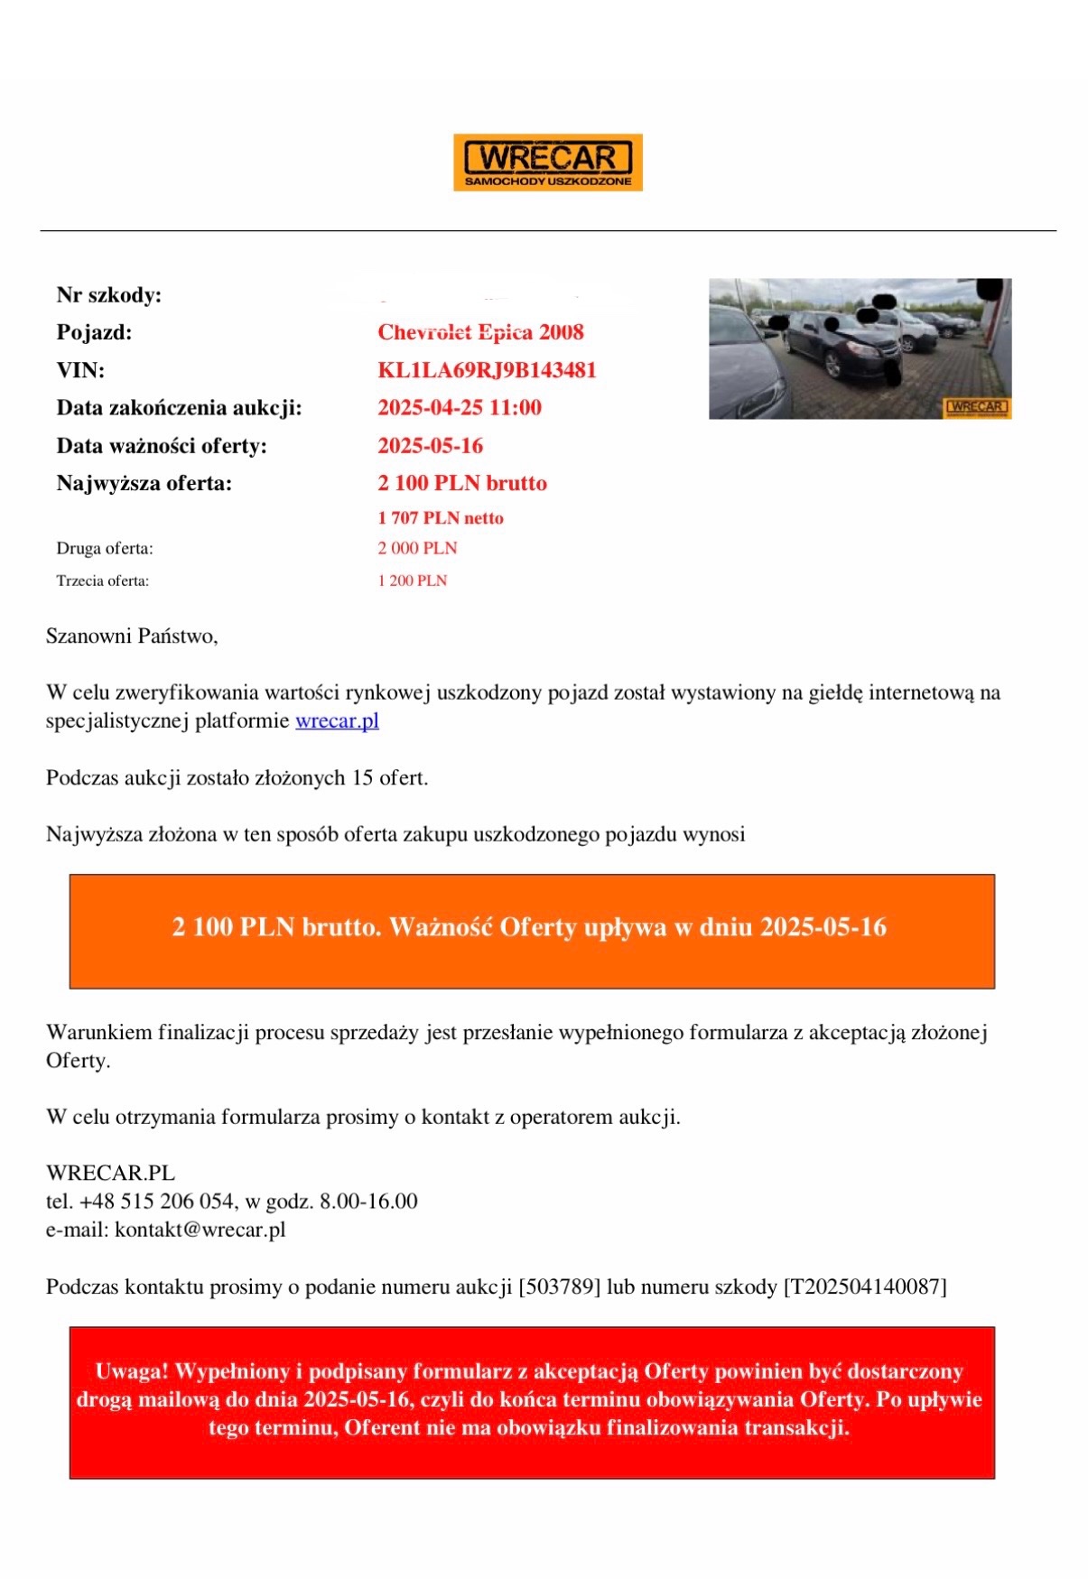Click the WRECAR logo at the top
547,163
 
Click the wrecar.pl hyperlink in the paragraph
337,721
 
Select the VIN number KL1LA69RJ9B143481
487,370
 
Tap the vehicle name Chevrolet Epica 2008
480,332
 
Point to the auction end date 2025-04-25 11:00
460,408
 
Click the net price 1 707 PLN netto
441,518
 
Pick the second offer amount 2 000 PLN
417,548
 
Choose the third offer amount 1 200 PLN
412,581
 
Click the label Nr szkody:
109,295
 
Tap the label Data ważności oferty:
162,446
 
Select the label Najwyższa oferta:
144,484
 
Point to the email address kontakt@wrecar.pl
200,1230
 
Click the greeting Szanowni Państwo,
132,636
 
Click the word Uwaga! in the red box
132,1371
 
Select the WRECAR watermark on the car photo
976,407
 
